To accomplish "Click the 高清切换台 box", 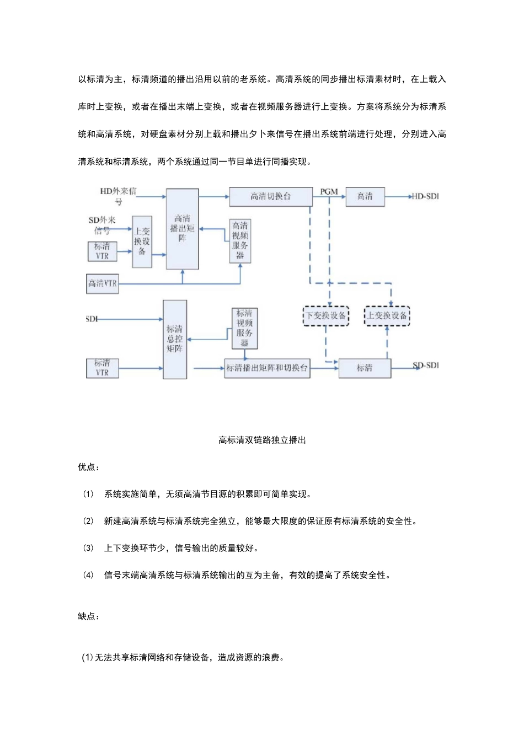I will (x=270, y=197).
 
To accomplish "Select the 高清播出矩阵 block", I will (x=182, y=228).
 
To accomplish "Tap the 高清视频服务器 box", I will (x=240, y=241).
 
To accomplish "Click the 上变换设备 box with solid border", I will (x=142, y=241).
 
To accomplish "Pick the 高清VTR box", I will (x=103, y=283).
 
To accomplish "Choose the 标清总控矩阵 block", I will (x=174, y=339).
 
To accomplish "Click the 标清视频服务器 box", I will (x=244, y=328).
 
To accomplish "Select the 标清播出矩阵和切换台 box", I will (x=267, y=368).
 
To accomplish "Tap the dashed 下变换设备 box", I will (x=326, y=316).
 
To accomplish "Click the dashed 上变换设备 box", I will (x=387, y=316).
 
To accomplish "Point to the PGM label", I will (x=329, y=191).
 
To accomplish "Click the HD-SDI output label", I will (x=425, y=196).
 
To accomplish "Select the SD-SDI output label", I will (x=426, y=366).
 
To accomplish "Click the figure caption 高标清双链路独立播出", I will (x=262, y=440).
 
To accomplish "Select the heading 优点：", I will (x=89, y=467).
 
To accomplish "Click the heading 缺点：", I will (x=89, y=616).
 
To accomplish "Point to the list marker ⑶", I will (x=88, y=548).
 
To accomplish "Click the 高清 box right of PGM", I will (x=365, y=197).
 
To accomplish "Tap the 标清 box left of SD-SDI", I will (x=365, y=368).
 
